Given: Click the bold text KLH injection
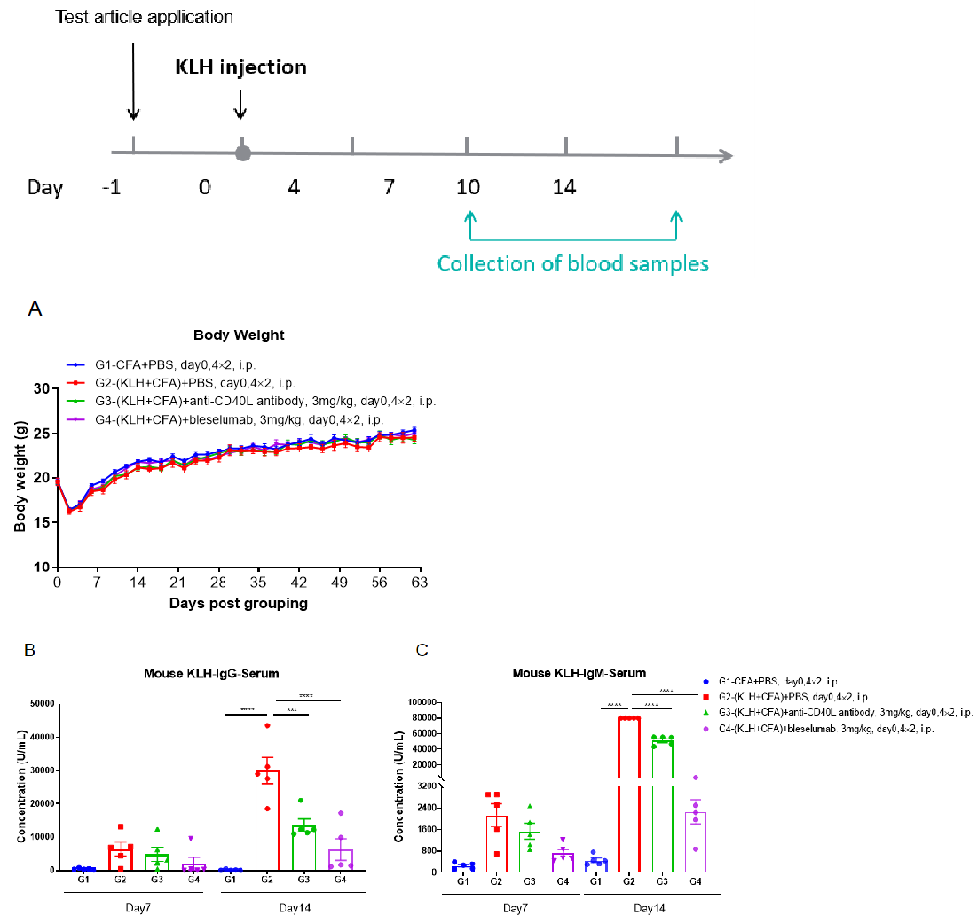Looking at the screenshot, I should [240, 67].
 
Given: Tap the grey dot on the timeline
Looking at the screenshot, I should [242, 153].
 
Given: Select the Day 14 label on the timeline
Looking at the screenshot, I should [564, 187].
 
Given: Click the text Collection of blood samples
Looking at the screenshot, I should [573, 263].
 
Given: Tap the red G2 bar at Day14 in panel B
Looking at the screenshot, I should [267, 820].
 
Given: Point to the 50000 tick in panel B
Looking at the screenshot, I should [37, 704].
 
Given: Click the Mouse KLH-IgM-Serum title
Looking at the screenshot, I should [579, 673].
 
